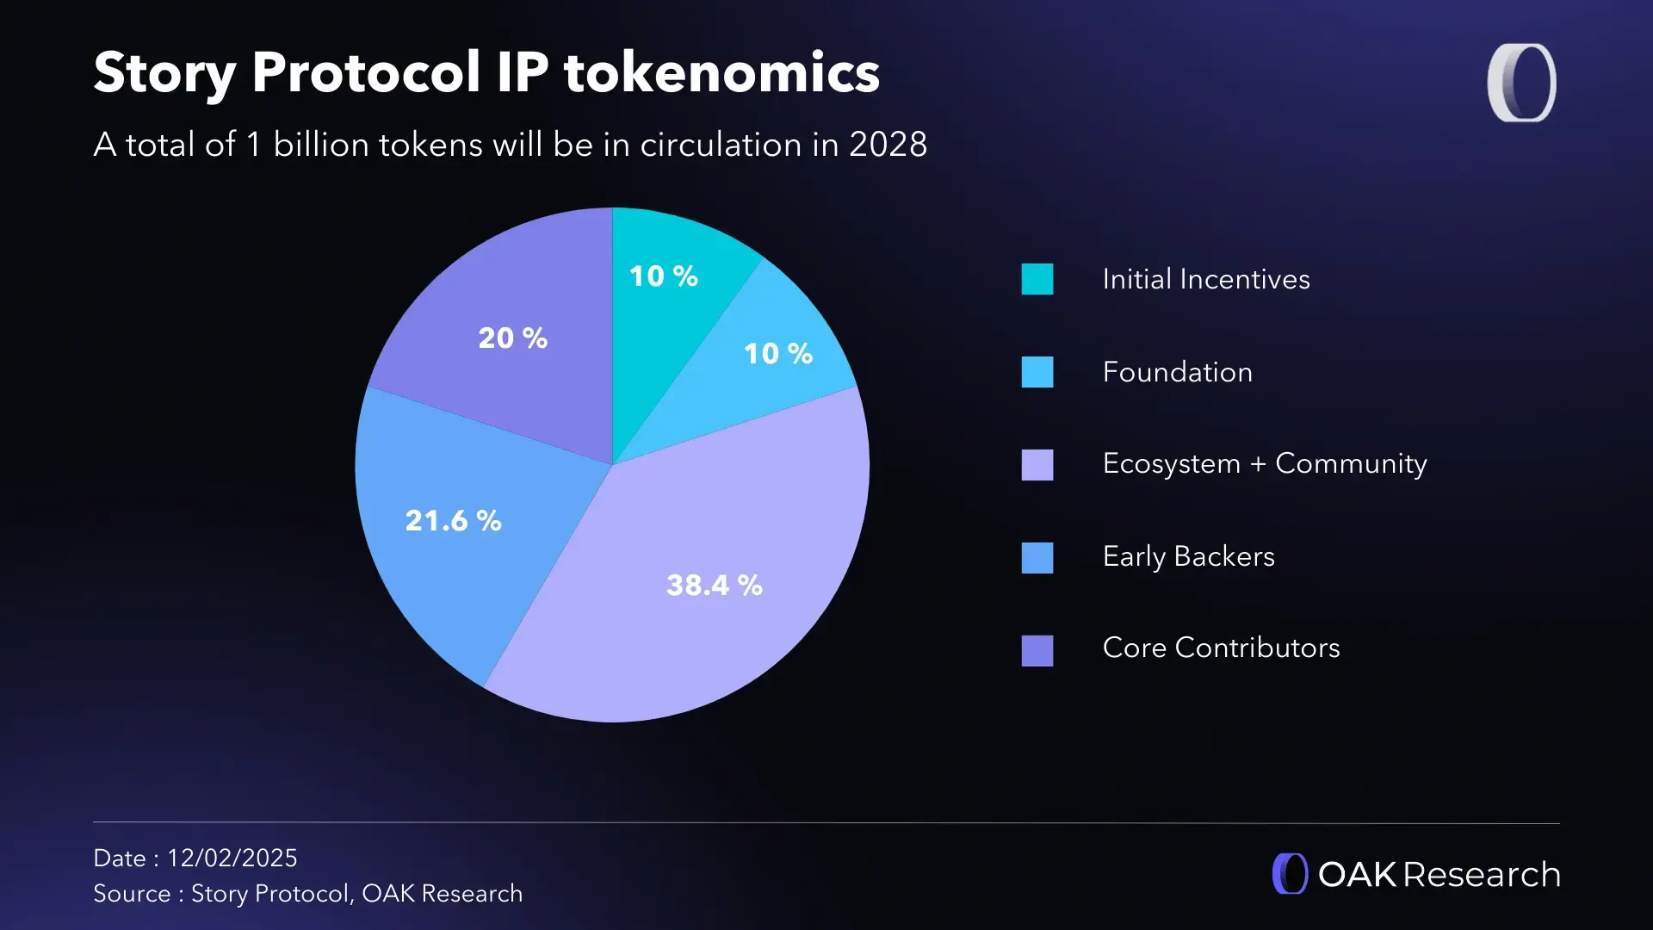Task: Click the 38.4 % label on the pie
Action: coord(714,586)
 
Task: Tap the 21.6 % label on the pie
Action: coord(453,520)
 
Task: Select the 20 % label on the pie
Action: coord(512,338)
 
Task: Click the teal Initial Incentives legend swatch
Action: coord(1037,279)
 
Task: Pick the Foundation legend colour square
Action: coord(1037,372)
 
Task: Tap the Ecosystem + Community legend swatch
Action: coord(1037,465)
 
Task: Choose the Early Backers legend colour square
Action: coord(1037,558)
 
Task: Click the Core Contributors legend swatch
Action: coord(1037,651)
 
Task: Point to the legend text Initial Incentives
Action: coord(1205,279)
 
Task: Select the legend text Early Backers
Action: coord(1188,556)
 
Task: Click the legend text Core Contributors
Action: coord(1221,648)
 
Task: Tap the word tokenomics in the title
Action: coord(721,72)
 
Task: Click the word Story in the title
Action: coord(164,74)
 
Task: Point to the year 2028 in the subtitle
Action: coord(888,145)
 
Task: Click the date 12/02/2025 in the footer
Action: coord(232,858)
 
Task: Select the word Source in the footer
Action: coord(132,894)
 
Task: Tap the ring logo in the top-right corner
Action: coord(1521,83)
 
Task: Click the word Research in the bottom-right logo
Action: coord(1481,875)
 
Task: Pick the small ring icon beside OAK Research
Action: coord(1290,874)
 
